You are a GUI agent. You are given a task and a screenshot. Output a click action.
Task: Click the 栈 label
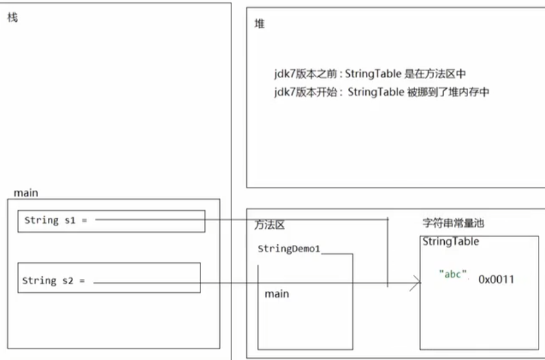click(x=12, y=17)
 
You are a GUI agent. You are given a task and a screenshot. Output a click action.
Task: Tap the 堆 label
click(x=259, y=24)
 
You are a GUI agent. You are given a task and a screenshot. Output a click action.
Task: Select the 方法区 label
click(x=270, y=225)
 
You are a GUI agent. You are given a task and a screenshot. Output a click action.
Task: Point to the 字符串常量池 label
click(x=453, y=223)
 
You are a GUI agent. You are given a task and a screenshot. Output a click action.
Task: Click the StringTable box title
click(x=451, y=242)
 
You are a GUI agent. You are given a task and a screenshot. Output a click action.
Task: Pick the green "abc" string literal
click(x=453, y=274)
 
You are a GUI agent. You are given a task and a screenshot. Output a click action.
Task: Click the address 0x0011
click(x=497, y=279)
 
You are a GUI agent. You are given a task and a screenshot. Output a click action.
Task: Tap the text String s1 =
click(x=55, y=220)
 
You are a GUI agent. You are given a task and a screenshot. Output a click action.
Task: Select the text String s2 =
click(x=53, y=281)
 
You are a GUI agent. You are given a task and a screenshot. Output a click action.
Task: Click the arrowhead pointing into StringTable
click(x=415, y=282)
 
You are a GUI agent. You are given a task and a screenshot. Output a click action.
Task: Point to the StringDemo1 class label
click(x=288, y=249)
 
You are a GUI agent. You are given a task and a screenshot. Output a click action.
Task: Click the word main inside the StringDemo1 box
click(x=277, y=294)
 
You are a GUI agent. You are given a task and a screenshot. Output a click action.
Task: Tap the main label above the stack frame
click(x=26, y=193)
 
